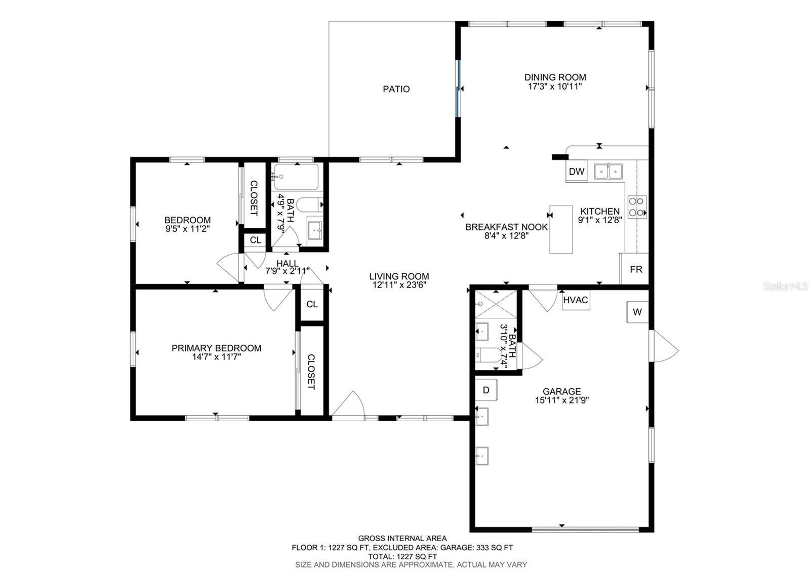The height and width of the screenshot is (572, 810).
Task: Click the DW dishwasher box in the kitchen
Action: click(576, 172)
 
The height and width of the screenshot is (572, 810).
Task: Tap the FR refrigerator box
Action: click(636, 269)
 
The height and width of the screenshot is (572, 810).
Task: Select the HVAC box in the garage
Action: click(576, 300)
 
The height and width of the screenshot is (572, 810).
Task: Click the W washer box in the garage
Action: click(637, 312)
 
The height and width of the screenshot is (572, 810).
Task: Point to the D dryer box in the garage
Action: click(486, 390)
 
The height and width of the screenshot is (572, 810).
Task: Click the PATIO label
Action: click(396, 89)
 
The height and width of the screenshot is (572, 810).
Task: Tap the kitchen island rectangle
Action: click(561, 229)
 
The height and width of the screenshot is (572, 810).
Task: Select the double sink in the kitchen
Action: click(608, 172)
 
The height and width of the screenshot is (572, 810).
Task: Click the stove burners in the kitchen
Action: click(637, 207)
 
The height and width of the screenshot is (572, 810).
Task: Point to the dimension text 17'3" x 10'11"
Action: click(555, 87)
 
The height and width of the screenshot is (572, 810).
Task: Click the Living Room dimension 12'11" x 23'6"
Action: click(399, 285)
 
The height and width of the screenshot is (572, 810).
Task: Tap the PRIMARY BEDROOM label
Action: click(216, 348)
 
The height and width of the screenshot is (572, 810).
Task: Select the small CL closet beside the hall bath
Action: click(255, 240)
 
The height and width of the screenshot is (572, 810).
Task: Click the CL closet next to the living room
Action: click(312, 304)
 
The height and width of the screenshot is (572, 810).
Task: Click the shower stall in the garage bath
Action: click(495, 304)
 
